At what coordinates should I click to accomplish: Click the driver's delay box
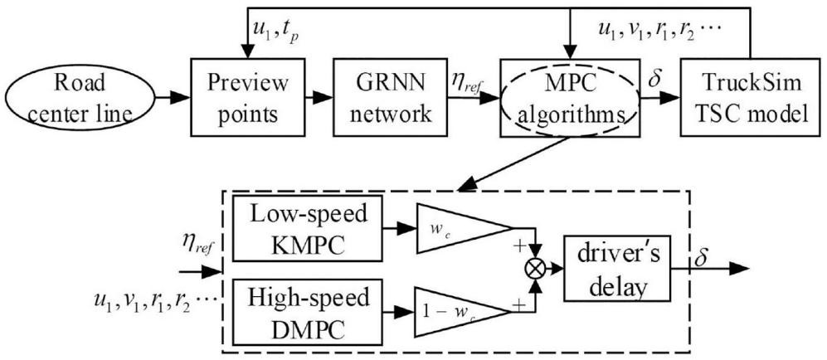point(615,271)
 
